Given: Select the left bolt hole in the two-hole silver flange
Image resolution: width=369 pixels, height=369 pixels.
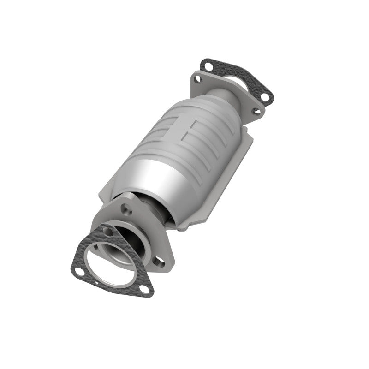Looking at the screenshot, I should point(198,79).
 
